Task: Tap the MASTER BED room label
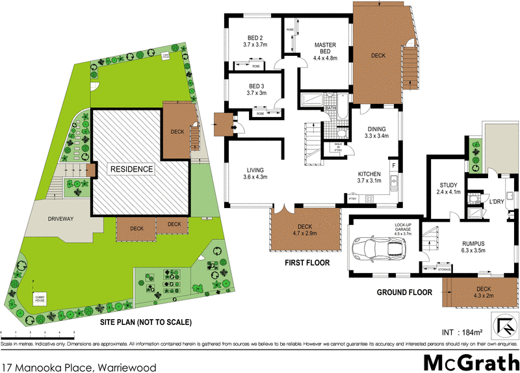click(326, 49)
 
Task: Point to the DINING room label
click(376, 133)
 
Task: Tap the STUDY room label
click(448, 188)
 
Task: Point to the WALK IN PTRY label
click(338, 148)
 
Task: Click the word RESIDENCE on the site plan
click(131, 170)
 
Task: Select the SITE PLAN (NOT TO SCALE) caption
click(146, 322)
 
